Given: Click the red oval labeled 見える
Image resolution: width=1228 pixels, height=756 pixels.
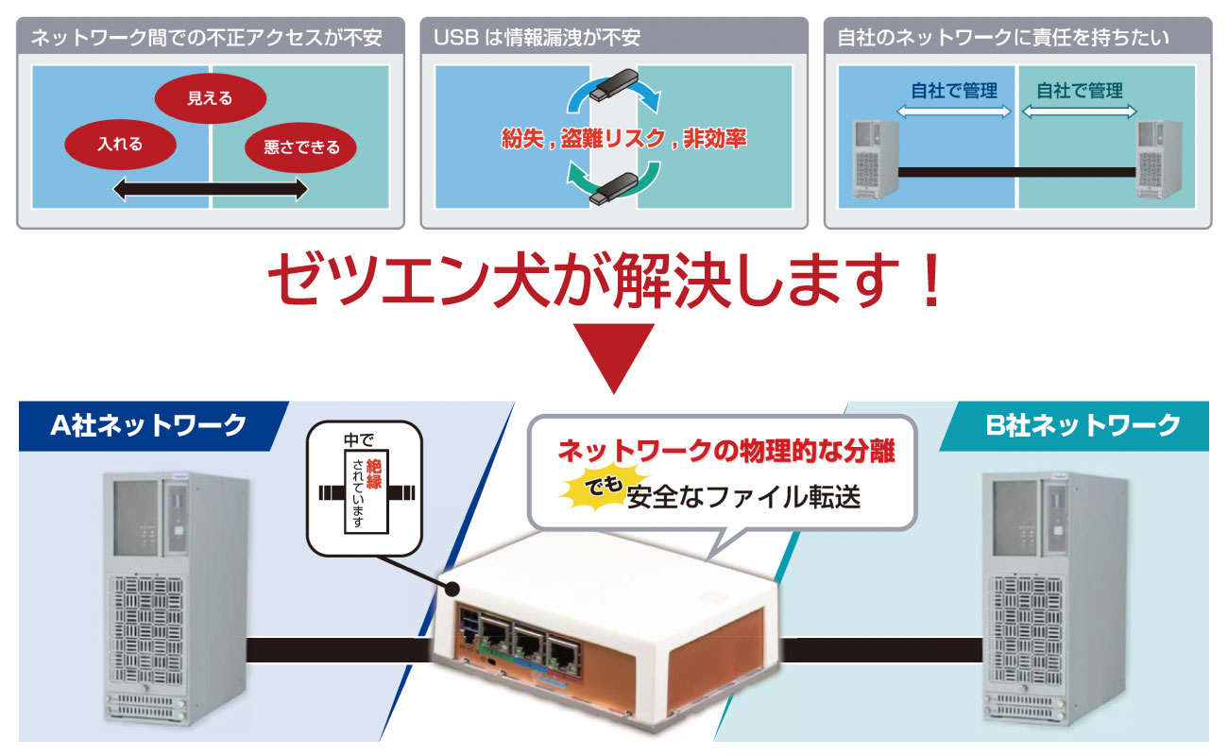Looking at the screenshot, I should click(x=210, y=97).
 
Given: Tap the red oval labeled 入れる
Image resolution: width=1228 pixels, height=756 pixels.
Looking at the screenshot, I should click(x=120, y=145).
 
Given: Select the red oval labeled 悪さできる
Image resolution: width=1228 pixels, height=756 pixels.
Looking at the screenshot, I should click(x=301, y=147).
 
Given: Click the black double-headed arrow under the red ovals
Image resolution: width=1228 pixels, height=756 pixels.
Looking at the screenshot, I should click(x=210, y=190).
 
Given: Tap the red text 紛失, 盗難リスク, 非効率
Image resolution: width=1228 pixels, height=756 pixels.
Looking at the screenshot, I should click(x=623, y=139).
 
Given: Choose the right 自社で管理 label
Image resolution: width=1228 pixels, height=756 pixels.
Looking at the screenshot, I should click(x=1080, y=91).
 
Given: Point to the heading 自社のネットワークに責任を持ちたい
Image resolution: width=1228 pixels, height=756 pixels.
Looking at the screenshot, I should click(x=1003, y=39).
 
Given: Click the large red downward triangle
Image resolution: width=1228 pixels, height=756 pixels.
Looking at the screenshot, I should click(x=614, y=357).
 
